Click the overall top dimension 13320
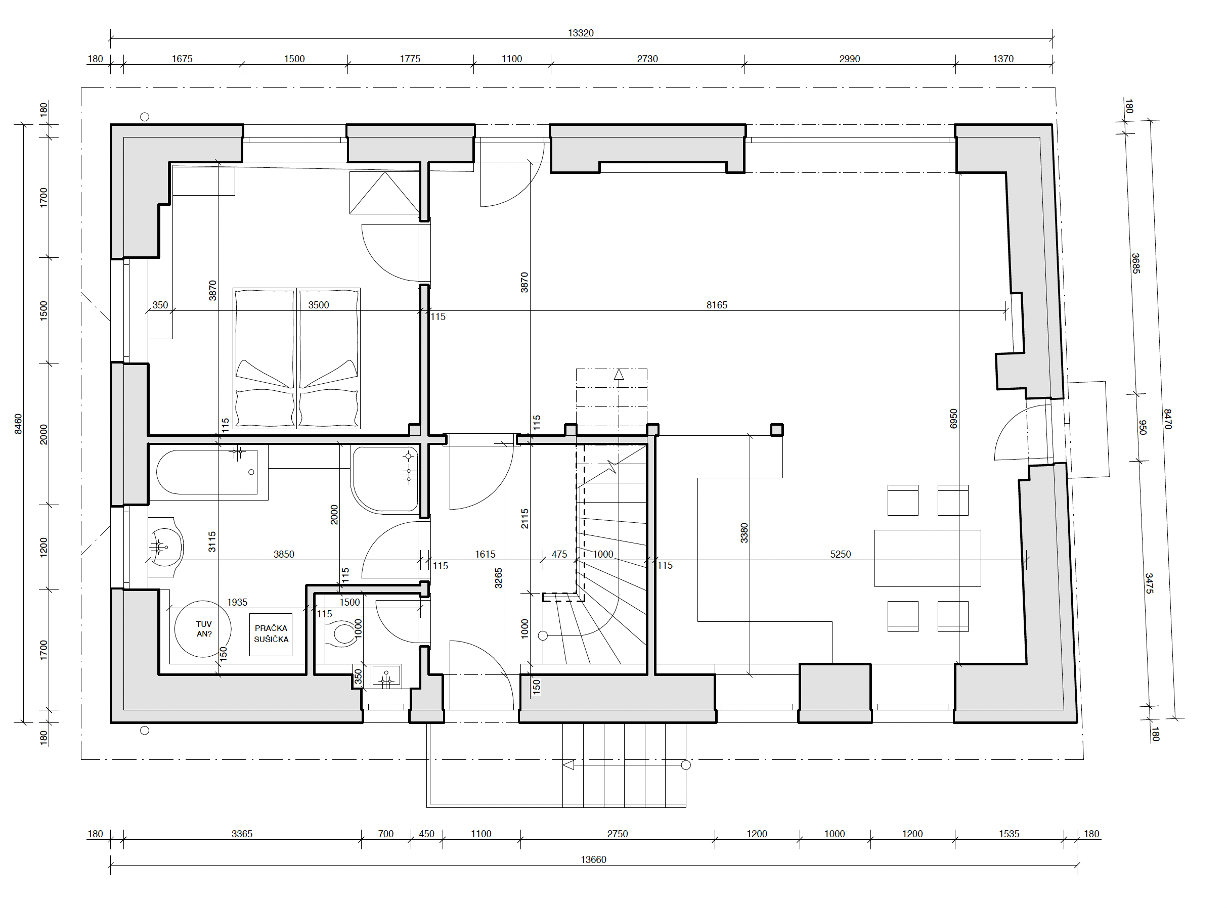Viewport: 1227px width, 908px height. click(x=581, y=33)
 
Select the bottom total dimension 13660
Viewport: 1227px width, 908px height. click(x=593, y=859)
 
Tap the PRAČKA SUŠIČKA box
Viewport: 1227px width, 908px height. click(x=271, y=634)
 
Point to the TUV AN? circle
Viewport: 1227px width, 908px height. click(x=203, y=629)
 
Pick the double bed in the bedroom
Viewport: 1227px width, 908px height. click(x=296, y=358)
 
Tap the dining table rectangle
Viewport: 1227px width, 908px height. click(x=928, y=558)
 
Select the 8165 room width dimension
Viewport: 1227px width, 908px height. click(x=716, y=305)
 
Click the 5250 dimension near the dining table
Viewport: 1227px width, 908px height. click(x=840, y=555)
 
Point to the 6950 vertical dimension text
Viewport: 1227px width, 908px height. click(x=953, y=419)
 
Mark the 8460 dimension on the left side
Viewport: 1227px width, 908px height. click(x=18, y=424)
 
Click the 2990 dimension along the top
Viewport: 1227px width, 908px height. click(x=849, y=59)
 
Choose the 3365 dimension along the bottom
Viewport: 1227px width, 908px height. click(x=241, y=834)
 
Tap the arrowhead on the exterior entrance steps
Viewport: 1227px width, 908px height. click(x=568, y=764)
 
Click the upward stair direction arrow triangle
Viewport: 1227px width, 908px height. click(x=619, y=374)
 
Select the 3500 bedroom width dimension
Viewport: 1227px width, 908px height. click(x=318, y=305)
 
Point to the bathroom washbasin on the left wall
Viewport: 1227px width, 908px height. click(x=165, y=547)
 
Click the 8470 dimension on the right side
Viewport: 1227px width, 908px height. click(x=1167, y=419)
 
